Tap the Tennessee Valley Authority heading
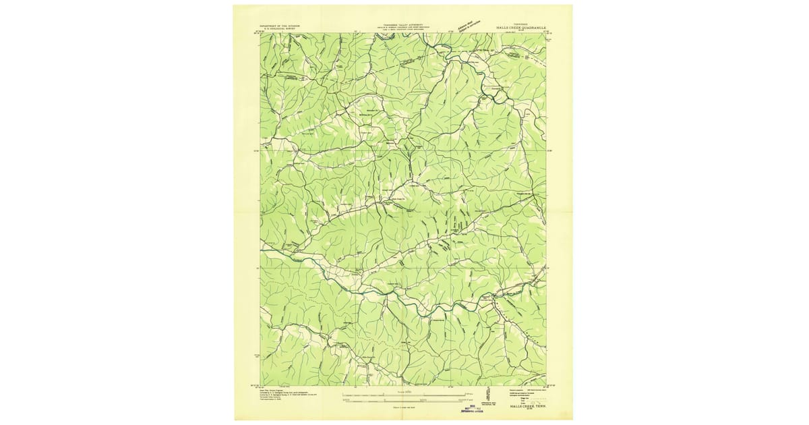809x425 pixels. point(402,24)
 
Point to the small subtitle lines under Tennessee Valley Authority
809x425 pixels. point(402,30)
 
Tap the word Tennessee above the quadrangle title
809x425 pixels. point(521,24)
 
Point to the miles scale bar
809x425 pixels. point(403,394)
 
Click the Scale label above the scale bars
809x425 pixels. point(403,390)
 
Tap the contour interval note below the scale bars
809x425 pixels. point(403,409)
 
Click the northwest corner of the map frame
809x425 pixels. point(261,34)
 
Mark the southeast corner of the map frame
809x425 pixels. point(546,385)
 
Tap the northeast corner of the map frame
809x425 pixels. point(546,34)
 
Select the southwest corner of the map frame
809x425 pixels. point(261,385)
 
